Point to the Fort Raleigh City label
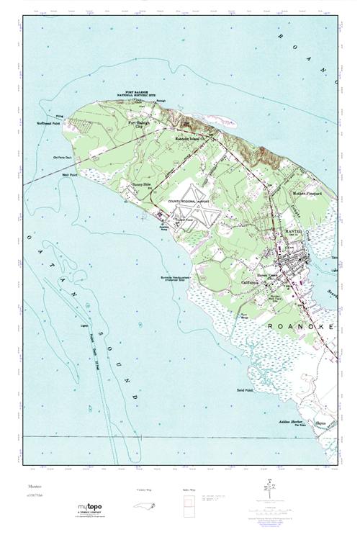[x=142, y=125]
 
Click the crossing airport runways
[x=194, y=216]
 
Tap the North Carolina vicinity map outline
[x=145, y=503]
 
